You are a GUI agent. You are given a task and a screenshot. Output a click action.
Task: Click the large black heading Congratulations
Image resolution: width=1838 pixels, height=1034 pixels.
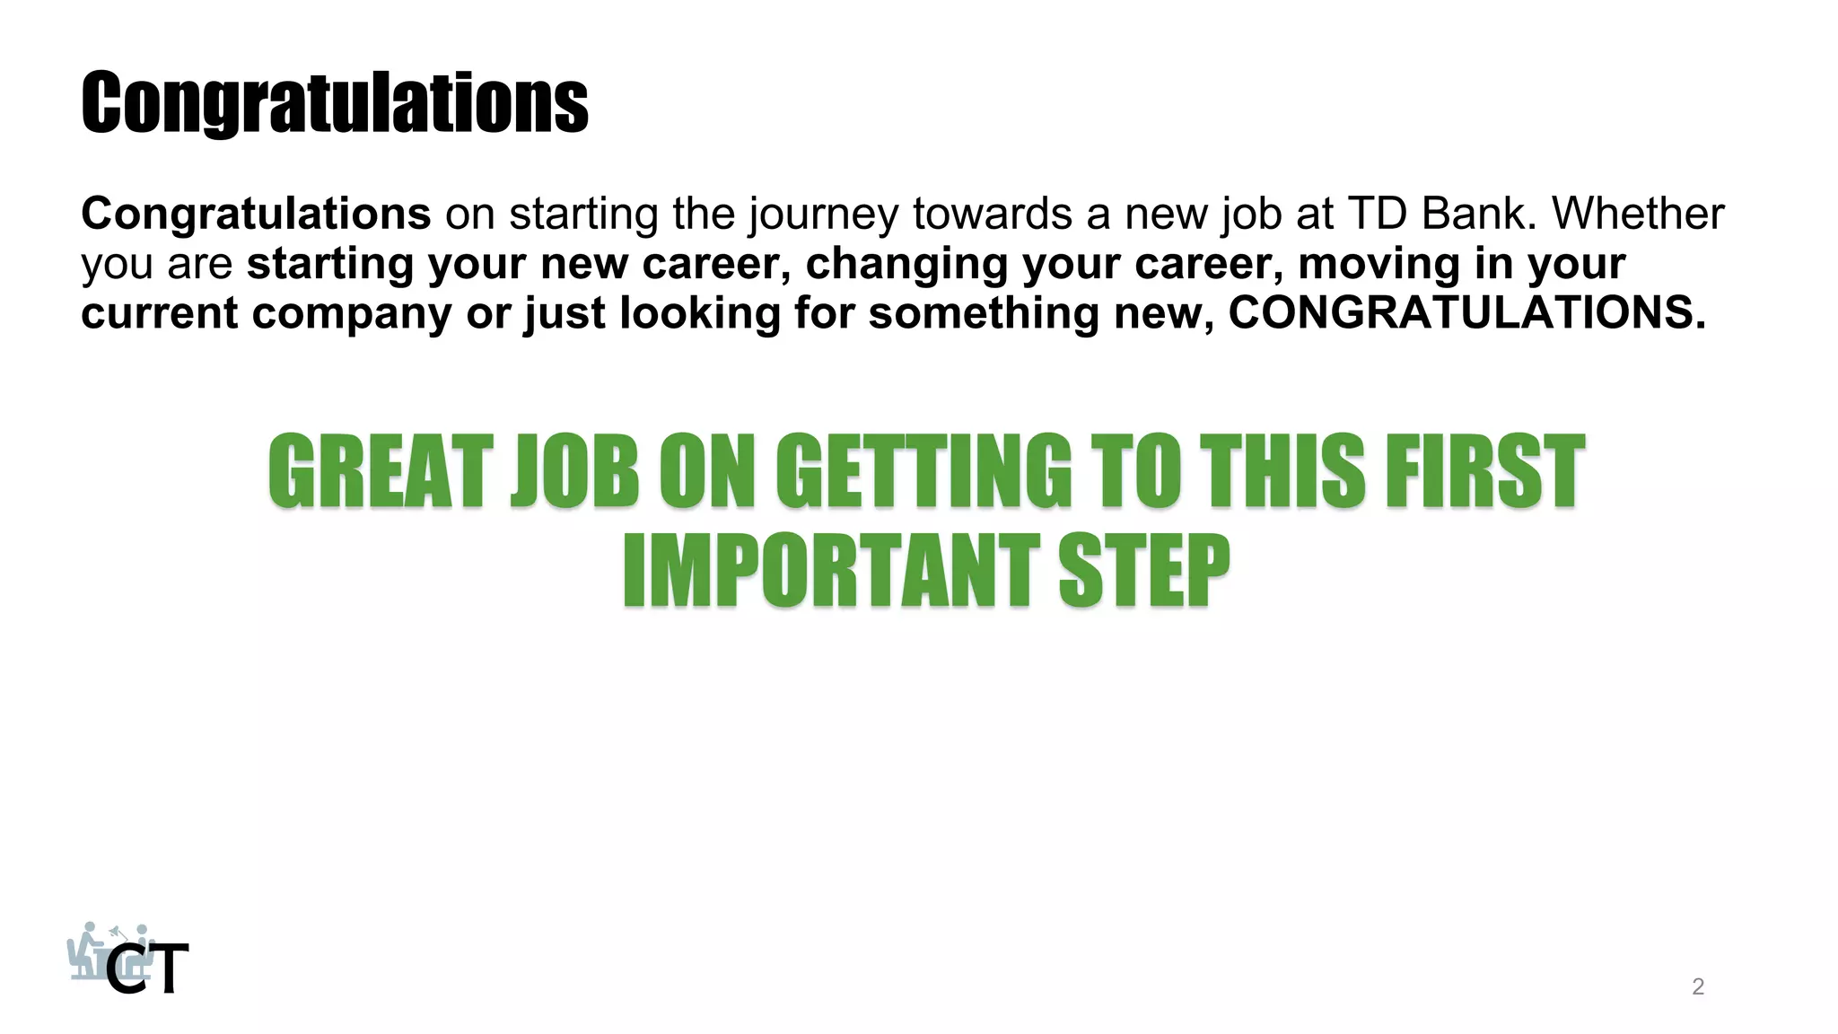click(x=335, y=103)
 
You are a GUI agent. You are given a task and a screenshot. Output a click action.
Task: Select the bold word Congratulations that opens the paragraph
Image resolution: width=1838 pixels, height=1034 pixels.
click(x=256, y=214)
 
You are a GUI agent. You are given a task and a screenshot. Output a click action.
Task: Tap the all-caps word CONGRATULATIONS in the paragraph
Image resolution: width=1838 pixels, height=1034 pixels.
click(x=1466, y=312)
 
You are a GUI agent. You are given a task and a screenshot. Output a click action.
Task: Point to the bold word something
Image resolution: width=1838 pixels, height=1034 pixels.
click(x=984, y=314)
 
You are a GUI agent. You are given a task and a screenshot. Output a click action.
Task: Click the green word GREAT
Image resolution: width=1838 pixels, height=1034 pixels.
click(x=381, y=472)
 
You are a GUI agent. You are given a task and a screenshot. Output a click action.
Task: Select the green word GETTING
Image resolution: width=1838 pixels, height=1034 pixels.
click(x=923, y=472)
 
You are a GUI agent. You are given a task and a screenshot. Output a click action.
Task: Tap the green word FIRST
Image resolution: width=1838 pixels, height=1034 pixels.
click(x=1485, y=472)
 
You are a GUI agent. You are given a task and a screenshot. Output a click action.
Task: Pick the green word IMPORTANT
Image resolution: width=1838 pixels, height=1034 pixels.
click(x=831, y=571)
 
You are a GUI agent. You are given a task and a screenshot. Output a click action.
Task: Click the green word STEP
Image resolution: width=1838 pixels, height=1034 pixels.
click(x=1143, y=571)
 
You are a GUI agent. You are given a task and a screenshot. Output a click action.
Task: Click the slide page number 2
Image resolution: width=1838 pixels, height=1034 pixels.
click(x=1697, y=986)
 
